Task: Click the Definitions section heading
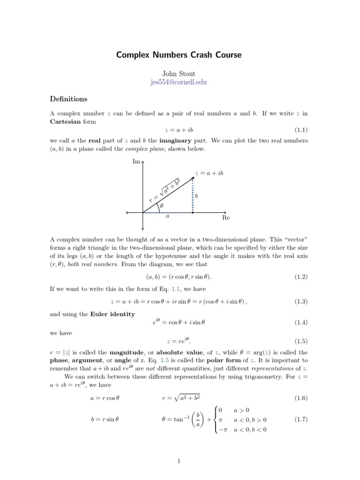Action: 69,99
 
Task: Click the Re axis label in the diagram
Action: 226,218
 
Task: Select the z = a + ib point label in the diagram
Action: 209,173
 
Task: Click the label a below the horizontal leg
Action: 168,217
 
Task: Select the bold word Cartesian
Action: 66,121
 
